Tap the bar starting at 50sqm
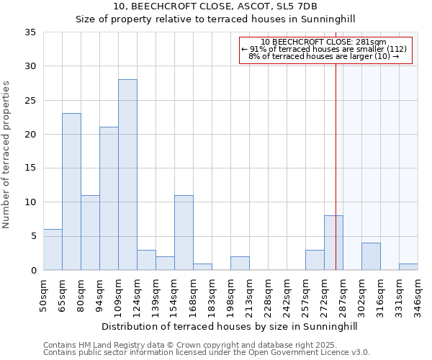click(x=53, y=249)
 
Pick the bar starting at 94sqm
click(x=109, y=199)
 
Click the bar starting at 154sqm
click(x=184, y=233)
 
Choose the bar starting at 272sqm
click(x=333, y=243)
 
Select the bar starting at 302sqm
click(x=371, y=256)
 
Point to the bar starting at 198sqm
click(x=240, y=263)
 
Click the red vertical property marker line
click(x=336, y=158)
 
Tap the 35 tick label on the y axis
click(x=30, y=32)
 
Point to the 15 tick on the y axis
click(x=30, y=168)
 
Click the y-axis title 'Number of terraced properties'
click(x=7, y=155)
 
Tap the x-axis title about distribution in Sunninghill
click(x=229, y=326)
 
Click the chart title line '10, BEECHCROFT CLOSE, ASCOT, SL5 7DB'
click(x=215, y=6)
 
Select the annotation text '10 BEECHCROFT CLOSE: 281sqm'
click(x=324, y=42)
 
